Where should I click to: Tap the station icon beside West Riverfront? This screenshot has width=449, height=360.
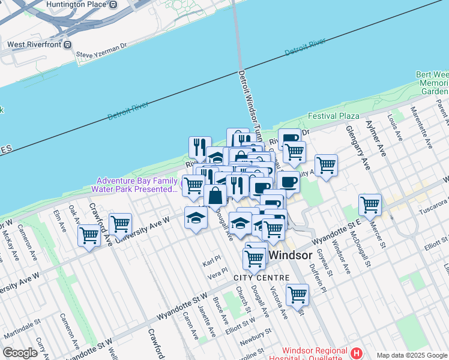[x=68, y=44]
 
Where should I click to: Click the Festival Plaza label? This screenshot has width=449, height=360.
[x=334, y=116]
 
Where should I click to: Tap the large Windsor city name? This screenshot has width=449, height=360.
[x=291, y=255]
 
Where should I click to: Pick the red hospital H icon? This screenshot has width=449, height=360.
[x=357, y=353]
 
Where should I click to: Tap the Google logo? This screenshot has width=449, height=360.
[x=20, y=353]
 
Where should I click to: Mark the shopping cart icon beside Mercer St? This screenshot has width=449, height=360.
[x=370, y=205]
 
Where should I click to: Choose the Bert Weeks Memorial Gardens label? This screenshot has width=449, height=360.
[x=433, y=83]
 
